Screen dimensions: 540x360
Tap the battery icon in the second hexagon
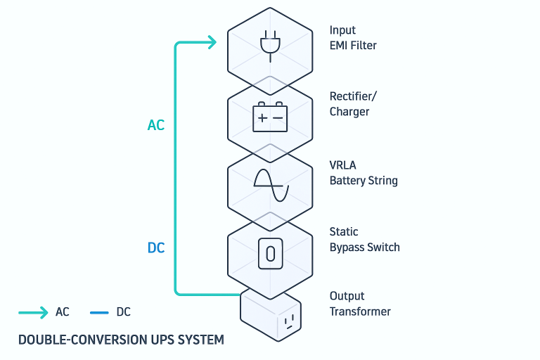pos(270,117)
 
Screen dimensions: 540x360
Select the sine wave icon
pos(271,186)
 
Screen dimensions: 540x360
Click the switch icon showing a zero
pos(270,254)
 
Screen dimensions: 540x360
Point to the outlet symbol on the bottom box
pos(289,321)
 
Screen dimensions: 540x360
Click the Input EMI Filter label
pos(353,37)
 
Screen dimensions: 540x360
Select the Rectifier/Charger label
pos(353,103)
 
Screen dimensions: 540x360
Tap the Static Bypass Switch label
pos(365,240)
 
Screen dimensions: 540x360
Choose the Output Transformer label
pos(360,304)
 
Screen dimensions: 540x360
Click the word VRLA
pos(342,165)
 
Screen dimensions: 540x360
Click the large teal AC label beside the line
pos(156,125)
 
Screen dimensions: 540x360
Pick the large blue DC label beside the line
pos(156,247)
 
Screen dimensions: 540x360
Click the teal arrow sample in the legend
pos(33,312)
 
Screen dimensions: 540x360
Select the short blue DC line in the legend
pos(99,313)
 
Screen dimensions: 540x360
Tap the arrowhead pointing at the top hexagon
pos(212,42)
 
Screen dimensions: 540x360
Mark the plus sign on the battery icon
pos(262,118)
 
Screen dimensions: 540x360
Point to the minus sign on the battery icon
pos(278,118)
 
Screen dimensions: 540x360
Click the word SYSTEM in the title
pos(201,340)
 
